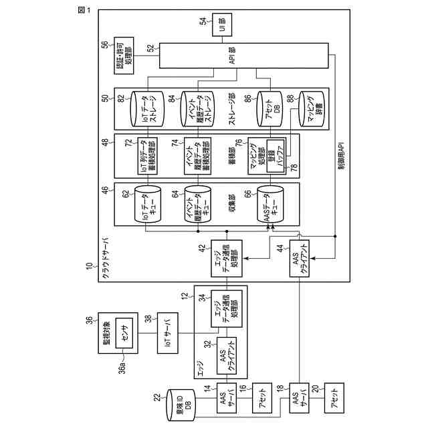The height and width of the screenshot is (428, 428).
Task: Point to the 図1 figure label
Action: (x=85, y=11)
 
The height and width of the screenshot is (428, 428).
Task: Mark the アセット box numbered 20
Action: (x=332, y=403)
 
